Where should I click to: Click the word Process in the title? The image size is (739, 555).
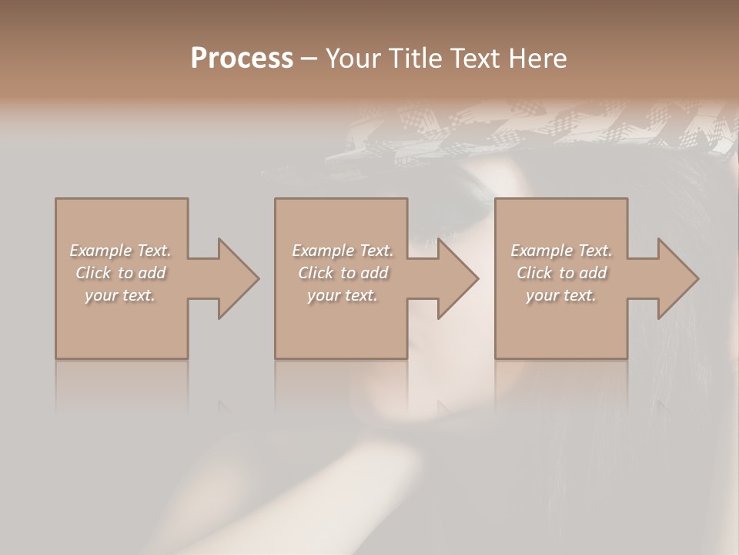coord(242,59)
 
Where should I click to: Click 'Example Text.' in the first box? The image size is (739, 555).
coord(121,251)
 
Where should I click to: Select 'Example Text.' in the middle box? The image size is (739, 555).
coord(343,251)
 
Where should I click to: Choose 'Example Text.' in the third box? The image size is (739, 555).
coord(561,251)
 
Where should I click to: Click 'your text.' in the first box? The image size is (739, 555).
coord(121,295)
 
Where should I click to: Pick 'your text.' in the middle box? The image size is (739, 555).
coord(343,295)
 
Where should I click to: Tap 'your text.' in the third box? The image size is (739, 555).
coord(561,295)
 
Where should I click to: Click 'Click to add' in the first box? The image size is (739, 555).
coord(121,273)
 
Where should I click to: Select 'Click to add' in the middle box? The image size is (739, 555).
coord(343,273)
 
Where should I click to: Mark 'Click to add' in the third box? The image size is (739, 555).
coord(561,273)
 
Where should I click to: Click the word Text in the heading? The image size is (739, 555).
coord(471,59)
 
